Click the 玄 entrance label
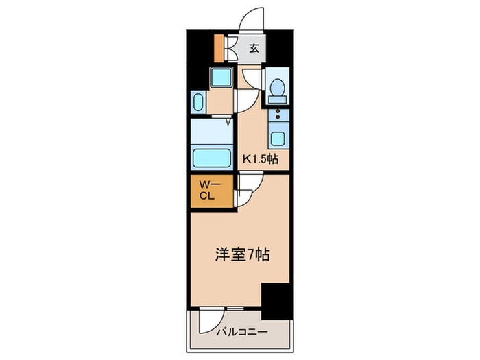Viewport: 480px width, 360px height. point(253,47)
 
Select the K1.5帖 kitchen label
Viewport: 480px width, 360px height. point(261,159)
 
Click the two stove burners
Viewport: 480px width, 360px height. point(277,114)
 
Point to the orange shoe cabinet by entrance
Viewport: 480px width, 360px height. point(219,47)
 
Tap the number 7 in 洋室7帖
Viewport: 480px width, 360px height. point(253,254)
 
